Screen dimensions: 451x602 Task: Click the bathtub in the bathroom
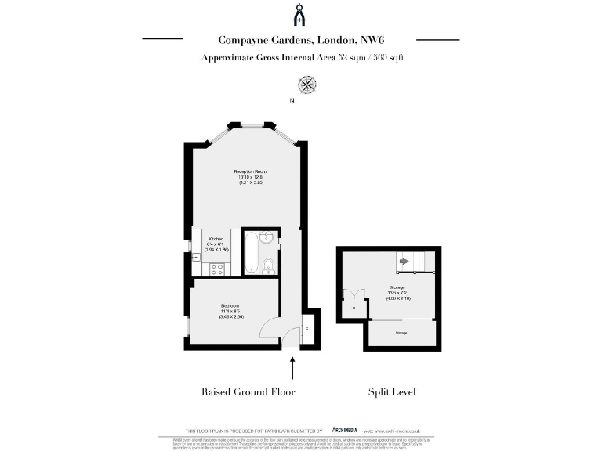coord(250,253)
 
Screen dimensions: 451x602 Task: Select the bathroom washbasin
coord(267,238)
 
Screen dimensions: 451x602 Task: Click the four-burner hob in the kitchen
coord(216,269)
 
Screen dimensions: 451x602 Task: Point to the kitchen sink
coord(196,254)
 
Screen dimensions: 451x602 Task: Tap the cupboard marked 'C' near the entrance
coord(306,328)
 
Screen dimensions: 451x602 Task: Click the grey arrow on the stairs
coord(404,261)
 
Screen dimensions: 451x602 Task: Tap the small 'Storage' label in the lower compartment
coord(401,334)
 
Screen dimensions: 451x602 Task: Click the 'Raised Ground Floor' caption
coord(248,391)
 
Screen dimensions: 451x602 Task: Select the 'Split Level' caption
coord(391,391)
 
